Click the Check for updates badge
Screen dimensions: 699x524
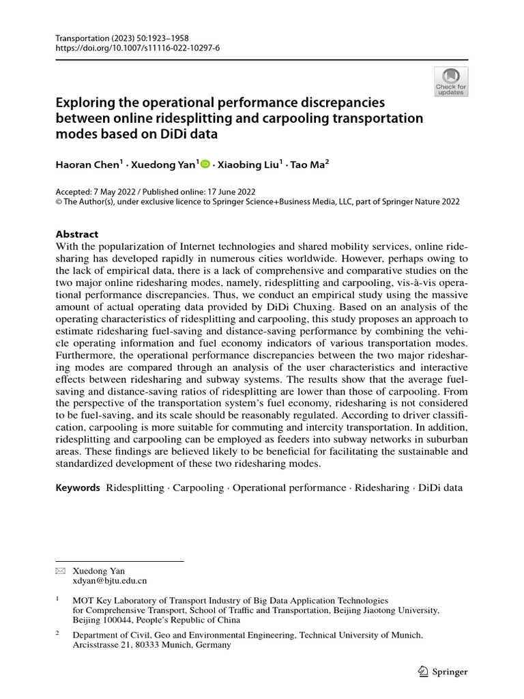point(450,81)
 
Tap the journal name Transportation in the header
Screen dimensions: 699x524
point(80,38)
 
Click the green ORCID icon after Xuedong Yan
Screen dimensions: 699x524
point(205,164)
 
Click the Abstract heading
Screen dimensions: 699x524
point(77,233)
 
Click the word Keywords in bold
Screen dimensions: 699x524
point(78,488)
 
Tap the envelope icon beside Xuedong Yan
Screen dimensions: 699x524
point(60,570)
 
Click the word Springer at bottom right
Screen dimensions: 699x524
point(450,672)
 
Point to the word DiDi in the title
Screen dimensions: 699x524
point(181,134)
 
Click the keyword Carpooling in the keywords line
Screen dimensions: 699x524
point(198,488)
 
